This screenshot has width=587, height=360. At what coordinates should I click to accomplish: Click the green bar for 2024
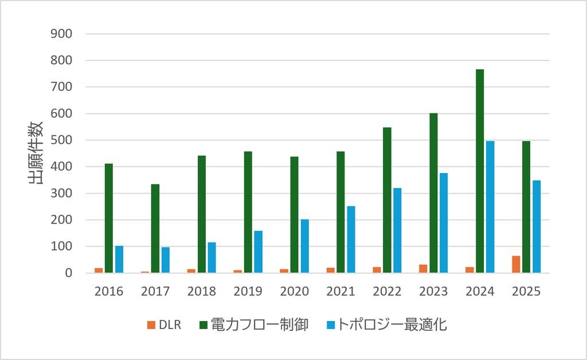pos(480,171)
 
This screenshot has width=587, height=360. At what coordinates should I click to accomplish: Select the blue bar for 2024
pos(490,207)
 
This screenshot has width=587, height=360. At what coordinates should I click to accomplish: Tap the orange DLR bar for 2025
pos(516,264)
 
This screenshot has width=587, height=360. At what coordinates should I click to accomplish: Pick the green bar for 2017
pos(155,228)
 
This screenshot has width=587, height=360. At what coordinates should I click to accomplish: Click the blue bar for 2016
pos(119,259)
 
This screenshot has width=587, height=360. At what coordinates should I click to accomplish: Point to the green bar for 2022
pos(387,200)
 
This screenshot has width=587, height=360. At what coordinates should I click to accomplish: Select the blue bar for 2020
pos(305,246)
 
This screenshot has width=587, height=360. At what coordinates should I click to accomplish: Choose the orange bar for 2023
pos(423,269)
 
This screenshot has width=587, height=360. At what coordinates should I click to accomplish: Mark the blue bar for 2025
pos(537,226)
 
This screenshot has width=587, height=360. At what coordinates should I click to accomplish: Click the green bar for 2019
pos(248,212)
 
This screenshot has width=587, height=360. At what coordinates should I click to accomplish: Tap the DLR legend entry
pos(165,324)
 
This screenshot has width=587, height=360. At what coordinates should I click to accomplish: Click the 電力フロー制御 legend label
pos(260,324)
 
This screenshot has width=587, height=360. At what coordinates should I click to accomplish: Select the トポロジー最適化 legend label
pos(392,324)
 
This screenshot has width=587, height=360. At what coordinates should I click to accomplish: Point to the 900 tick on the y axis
pos(61,34)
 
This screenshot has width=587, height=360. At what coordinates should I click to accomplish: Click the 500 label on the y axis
pos(61,140)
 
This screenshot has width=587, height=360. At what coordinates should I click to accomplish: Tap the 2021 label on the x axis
pos(341,291)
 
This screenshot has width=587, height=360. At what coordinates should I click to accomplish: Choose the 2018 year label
pos(201,291)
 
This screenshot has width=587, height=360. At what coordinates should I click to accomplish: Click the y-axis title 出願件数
pos(36,152)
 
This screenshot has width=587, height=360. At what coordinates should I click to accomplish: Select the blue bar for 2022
pos(397,230)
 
